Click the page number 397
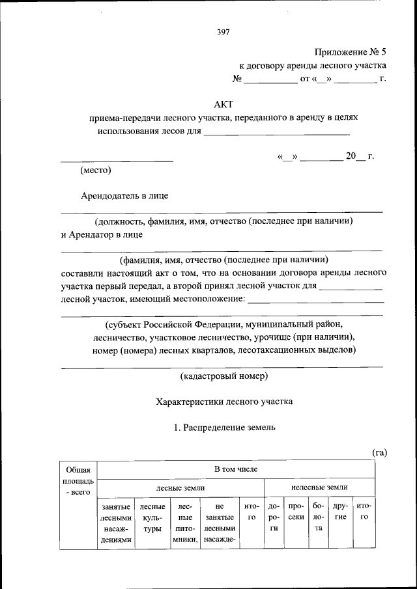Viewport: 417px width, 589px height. tap(223, 31)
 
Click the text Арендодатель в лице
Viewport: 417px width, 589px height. tap(126, 195)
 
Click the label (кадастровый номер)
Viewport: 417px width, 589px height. tap(223, 376)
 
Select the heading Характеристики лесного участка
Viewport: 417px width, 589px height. tap(224, 402)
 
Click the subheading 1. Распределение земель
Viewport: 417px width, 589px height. tap(224, 428)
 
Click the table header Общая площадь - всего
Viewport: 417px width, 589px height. tap(78, 481)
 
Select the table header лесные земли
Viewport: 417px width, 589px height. tap(180, 487)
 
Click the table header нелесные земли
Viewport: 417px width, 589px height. tap(319, 487)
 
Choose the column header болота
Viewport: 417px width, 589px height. tap(318, 517)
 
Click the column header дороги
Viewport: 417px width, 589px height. tap(274, 517)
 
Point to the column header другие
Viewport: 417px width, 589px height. tap(340, 511)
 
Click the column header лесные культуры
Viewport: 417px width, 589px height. tap(152, 517)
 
